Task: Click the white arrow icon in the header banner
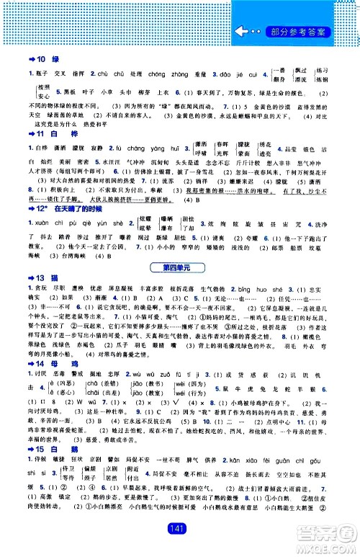click(246, 31)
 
